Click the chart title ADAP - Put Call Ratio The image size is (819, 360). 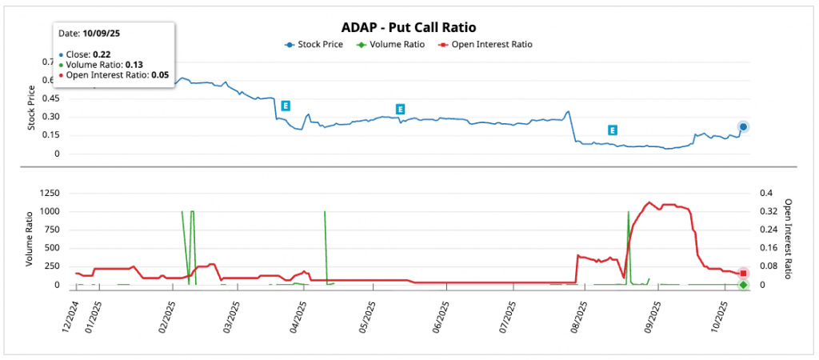tap(409, 27)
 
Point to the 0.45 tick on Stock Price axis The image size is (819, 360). tap(50, 98)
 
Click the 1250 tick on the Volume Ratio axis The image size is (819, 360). tap(47, 193)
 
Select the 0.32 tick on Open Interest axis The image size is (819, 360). tap(768, 211)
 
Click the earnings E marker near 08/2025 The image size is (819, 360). tap(612, 130)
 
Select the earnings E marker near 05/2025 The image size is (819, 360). tap(401, 109)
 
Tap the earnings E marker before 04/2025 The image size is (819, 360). tap(285, 106)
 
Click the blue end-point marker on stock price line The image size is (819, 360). tap(743, 126)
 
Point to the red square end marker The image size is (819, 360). tap(743, 274)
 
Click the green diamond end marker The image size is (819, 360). tap(743, 285)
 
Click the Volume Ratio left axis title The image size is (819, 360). tap(30, 238)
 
